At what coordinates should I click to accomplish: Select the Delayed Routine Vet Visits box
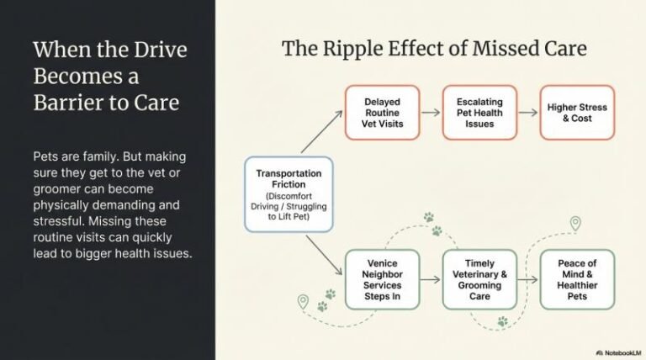pos(381,112)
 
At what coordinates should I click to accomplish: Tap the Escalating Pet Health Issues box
pos(478,112)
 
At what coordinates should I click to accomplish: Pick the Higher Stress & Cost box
pos(576,112)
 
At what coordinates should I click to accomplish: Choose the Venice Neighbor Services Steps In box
pos(381,280)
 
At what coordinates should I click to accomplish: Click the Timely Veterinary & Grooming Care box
pos(478,280)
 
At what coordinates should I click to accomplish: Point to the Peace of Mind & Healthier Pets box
pos(576,280)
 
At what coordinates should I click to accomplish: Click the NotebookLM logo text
pos(617,352)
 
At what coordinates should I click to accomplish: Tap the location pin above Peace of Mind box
pos(575,224)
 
